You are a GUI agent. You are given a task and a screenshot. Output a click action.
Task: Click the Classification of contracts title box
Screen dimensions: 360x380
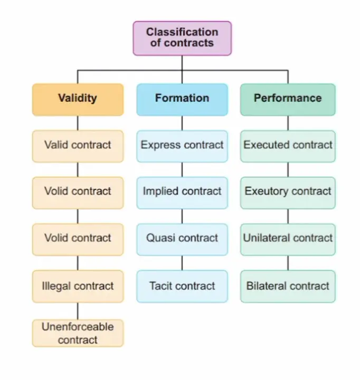pos(182,39)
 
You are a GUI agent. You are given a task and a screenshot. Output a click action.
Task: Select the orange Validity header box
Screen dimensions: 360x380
pos(78,99)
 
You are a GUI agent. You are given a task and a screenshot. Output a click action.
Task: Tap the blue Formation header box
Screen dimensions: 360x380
pos(182,99)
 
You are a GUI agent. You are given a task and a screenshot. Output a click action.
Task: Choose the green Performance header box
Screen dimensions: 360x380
pos(288,99)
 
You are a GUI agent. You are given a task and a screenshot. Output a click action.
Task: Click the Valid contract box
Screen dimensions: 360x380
pos(78,146)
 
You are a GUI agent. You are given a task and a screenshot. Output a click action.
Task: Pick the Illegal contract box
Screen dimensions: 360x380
pos(78,286)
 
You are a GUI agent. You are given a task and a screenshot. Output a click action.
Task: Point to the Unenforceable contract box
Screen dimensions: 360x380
pos(78,333)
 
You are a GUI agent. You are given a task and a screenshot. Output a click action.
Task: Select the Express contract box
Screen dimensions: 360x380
pos(182,146)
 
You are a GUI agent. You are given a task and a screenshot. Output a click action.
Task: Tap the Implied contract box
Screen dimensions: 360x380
pos(182,193)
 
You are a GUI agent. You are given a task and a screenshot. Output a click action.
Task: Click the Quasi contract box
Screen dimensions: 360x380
pos(182,240)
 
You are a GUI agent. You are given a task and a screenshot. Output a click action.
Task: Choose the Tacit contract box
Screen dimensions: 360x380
pos(182,286)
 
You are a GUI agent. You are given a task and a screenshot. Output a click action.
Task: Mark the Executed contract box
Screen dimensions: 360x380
pos(288,146)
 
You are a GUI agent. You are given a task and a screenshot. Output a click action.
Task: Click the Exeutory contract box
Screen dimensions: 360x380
pos(288,193)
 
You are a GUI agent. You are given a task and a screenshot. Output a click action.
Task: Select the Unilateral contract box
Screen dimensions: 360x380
pos(288,240)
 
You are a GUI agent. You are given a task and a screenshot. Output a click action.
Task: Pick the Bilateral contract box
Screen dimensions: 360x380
pos(288,286)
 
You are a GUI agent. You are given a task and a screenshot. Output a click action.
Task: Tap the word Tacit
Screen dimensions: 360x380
pos(161,286)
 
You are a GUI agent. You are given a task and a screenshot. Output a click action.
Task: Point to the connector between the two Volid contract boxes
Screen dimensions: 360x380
pos(78,216)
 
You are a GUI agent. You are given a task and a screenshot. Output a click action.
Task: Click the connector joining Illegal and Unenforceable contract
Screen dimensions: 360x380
pos(78,311)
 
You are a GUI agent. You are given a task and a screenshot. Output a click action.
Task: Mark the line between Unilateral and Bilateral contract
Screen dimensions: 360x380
pos(288,263)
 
